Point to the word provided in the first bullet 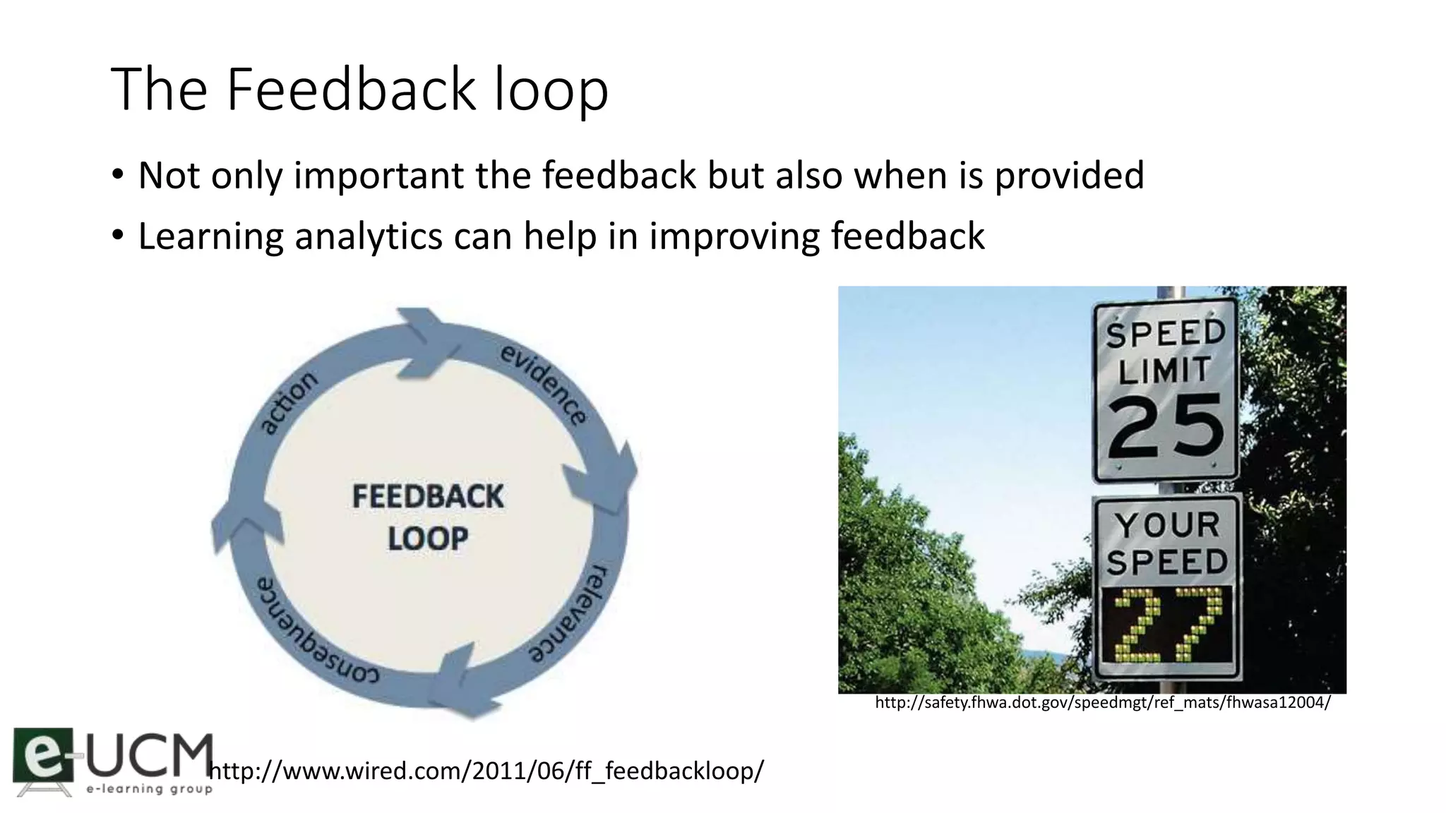pyautogui.click(x=1069, y=176)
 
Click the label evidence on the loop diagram pyautogui.click(x=544, y=384)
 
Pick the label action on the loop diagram pyautogui.click(x=288, y=402)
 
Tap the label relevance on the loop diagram pyautogui.click(x=570, y=613)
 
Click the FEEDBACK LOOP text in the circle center pyautogui.click(x=428, y=517)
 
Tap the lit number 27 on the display pyautogui.click(x=1166, y=625)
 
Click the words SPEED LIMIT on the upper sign pyautogui.click(x=1166, y=352)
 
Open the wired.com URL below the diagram pyautogui.click(x=487, y=771)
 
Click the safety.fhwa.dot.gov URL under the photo pyautogui.click(x=1102, y=703)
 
